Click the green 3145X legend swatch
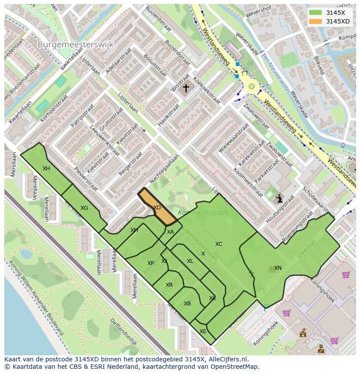[316, 13]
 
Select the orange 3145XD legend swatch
[316, 21]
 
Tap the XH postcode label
[46, 169]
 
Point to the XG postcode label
[84, 208]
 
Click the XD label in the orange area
[157, 208]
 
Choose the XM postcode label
[134, 230]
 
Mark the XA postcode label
[170, 232]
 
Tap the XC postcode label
[218, 244]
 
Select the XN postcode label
[278, 268]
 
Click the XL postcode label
[190, 261]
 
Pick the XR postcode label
[169, 285]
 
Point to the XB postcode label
[187, 304]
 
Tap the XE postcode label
[203, 331]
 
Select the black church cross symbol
[186, 88]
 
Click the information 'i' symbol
[279, 199]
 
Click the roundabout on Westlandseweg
[251, 86]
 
